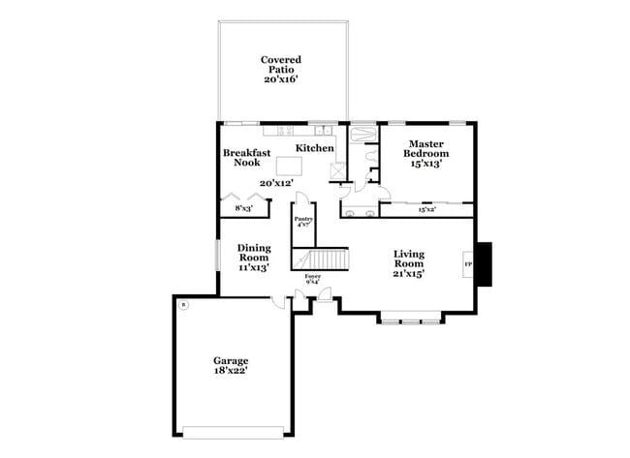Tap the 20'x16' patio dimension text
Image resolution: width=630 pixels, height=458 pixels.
pyautogui.click(x=280, y=78)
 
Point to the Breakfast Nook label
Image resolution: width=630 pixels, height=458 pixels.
pyautogui.click(x=246, y=157)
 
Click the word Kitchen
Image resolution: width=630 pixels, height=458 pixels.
pyautogui.click(x=315, y=148)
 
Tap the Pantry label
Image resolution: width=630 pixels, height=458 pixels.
pyautogui.click(x=304, y=220)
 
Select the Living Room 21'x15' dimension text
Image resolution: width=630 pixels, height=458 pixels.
pyautogui.click(x=408, y=273)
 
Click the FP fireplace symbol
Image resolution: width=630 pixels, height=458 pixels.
pyautogui.click(x=469, y=263)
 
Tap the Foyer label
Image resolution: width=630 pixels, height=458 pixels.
pyautogui.click(x=312, y=276)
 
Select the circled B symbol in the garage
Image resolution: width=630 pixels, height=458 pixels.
pyautogui.click(x=183, y=306)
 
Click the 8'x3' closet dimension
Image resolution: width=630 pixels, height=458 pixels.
pyautogui.click(x=243, y=208)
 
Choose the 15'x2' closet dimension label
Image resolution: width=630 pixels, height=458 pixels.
pyautogui.click(x=426, y=208)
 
